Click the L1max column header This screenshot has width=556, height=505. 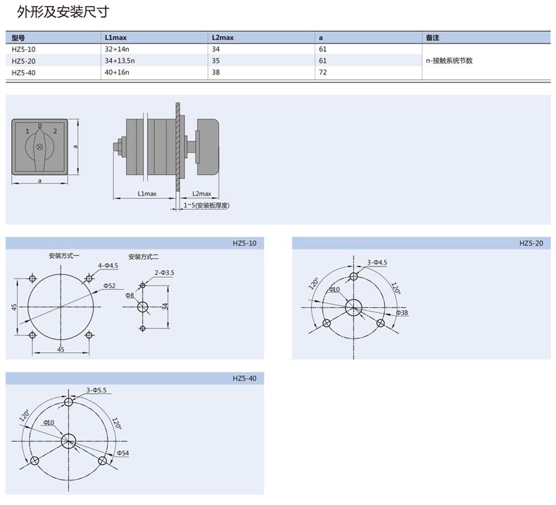coord(115,37)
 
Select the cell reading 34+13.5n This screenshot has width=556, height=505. coord(120,60)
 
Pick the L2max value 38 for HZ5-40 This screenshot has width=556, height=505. coord(215,72)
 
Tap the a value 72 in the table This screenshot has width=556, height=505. coord(322,72)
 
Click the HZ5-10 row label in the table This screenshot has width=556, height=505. coord(23,49)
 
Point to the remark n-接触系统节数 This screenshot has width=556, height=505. coord(449,60)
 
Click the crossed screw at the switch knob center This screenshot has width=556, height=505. coord(39,147)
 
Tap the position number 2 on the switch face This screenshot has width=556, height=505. coord(55,131)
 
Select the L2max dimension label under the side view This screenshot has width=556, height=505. coord(201,193)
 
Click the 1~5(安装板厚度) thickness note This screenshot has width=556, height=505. coord(206,205)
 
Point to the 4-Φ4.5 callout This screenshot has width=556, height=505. coord(108,265)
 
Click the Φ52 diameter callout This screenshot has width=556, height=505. coord(109,286)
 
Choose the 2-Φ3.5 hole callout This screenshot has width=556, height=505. coord(164,272)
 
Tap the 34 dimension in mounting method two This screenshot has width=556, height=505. coord(165,307)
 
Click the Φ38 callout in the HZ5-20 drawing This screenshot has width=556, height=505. coord(402,312)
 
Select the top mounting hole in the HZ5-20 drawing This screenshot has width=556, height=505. coord(353,276)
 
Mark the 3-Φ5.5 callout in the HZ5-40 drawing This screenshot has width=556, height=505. coord(96,390)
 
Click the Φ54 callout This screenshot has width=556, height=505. coord(122,453)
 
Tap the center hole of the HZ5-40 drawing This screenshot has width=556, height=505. coord(68,442)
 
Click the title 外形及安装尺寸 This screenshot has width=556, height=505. coord(63,12)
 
